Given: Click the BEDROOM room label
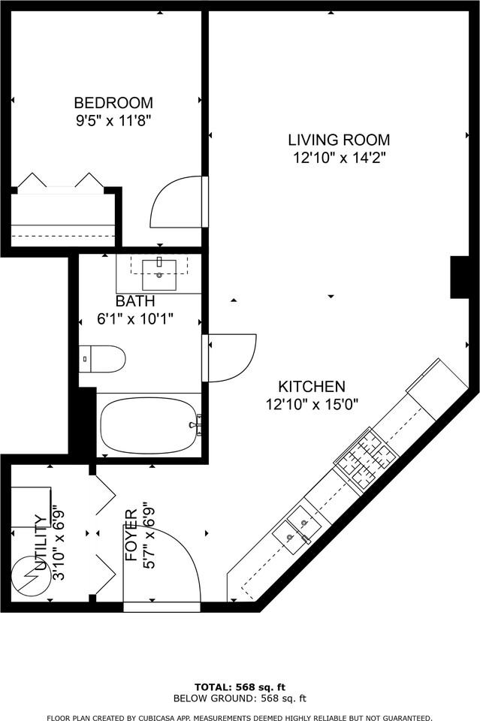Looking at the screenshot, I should click(113, 103).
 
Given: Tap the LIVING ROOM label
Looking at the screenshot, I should click(339, 140).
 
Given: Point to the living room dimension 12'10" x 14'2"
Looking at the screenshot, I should click(339, 158).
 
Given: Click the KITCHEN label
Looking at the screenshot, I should click(312, 387).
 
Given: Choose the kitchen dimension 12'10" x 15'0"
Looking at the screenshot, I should click(312, 404).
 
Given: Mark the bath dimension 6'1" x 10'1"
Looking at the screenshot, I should click(135, 318).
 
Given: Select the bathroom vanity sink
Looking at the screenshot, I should click(158, 268).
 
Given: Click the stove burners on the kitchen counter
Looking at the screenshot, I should click(366, 455).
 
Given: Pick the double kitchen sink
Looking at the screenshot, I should click(296, 525).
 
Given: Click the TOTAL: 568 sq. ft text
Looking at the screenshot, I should click(240, 687).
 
